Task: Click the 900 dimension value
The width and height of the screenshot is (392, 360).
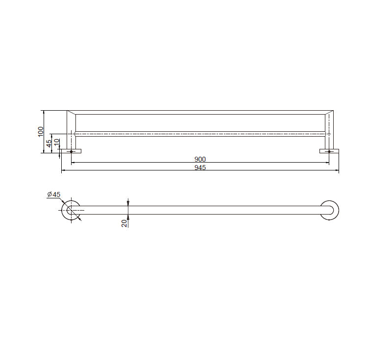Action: (x=200, y=159)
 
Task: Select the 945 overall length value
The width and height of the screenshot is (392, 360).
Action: (x=200, y=168)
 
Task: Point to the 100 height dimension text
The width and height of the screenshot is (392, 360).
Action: (x=41, y=131)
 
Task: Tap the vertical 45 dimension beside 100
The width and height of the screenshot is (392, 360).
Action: (x=49, y=143)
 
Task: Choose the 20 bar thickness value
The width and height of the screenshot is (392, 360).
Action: (x=124, y=223)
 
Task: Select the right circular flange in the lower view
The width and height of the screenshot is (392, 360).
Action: (x=329, y=210)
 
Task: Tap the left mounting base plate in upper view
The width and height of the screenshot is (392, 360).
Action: (x=71, y=151)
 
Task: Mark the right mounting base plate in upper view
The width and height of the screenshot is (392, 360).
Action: (x=329, y=151)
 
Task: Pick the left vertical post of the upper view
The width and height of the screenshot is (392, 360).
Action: (x=71, y=130)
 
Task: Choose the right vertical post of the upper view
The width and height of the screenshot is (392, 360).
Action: (x=329, y=130)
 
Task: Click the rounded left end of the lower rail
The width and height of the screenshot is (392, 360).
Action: (x=74, y=210)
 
